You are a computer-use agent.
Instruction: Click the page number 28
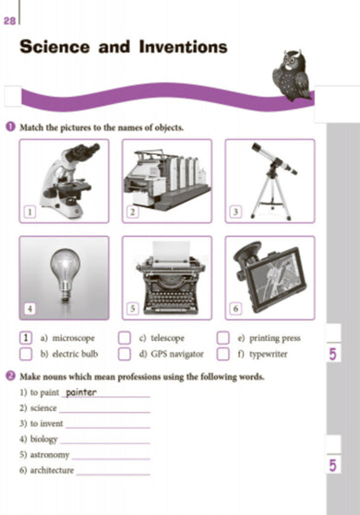tap(10, 21)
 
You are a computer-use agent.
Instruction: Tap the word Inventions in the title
tap(183, 47)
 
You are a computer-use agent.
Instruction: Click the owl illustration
tap(292, 75)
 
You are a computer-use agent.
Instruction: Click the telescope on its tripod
tap(272, 182)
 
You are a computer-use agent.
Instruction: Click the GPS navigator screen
tap(275, 278)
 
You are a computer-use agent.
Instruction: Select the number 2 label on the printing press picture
tap(132, 212)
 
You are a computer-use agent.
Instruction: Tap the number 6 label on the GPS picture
tap(235, 309)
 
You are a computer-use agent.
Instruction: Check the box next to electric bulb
tap(26, 354)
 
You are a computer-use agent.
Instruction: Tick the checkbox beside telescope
tap(125, 338)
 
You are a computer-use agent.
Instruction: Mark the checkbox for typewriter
tap(223, 354)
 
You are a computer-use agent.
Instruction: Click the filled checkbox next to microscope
tap(26, 338)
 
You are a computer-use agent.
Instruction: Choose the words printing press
tap(275, 338)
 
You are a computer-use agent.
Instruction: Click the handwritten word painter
tap(81, 392)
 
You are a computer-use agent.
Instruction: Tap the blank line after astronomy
tap(111, 459)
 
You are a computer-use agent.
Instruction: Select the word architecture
tap(52, 470)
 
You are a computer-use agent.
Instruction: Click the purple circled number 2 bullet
tap(11, 376)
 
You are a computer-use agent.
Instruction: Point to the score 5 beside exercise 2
tap(332, 466)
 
